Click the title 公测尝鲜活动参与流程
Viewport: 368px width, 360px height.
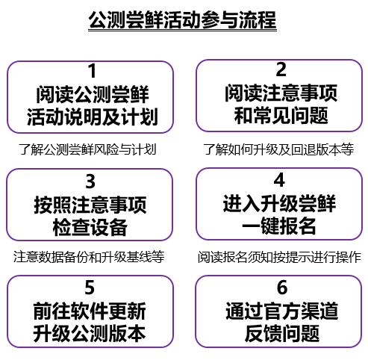point(182,20)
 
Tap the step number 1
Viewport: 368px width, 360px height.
point(93,71)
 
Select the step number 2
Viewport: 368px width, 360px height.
point(281,69)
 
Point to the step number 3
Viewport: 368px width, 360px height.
point(90,181)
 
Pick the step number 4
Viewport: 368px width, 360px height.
point(279,180)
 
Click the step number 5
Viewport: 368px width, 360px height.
point(90,288)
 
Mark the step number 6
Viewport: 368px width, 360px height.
point(282,288)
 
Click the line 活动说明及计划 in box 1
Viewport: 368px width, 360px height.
point(93,117)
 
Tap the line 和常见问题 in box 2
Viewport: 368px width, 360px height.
point(281,115)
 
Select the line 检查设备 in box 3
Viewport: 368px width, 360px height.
point(90,227)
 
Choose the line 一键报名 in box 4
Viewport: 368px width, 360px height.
point(279,226)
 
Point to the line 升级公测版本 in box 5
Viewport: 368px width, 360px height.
point(90,333)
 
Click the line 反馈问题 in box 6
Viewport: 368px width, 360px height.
point(282,333)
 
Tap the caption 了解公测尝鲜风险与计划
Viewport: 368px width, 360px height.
point(87,149)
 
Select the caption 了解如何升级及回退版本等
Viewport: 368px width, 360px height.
point(278,149)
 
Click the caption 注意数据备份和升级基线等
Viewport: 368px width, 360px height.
point(89,257)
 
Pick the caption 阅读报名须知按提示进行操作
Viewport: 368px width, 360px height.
point(279,257)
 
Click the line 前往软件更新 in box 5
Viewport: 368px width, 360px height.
point(90,311)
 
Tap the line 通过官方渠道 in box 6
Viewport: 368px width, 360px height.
point(282,311)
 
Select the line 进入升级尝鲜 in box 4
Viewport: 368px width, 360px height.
point(279,203)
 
